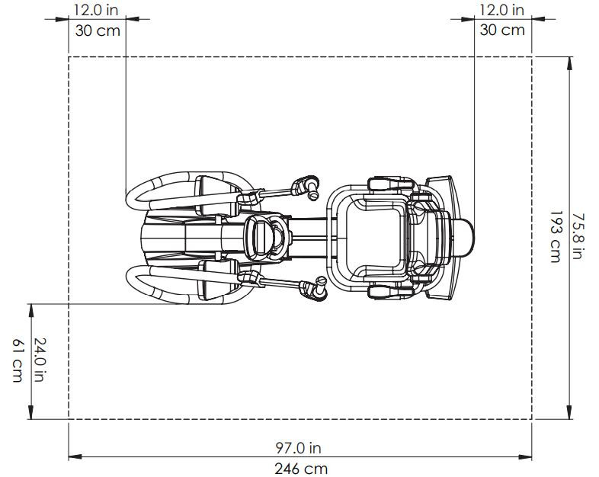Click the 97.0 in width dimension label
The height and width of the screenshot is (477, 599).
(x=298, y=447)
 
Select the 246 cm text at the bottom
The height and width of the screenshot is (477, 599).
(x=301, y=469)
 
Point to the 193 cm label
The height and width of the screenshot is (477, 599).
(x=556, y=237)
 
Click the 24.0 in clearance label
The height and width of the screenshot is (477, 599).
(x=40, y=360)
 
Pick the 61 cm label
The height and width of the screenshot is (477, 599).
(x=18, y=360)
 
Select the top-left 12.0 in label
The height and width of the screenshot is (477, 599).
(x=96, y=11)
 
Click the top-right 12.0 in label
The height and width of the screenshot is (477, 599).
(x=501, y=11)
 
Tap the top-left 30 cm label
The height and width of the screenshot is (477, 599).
(x=98, y=30)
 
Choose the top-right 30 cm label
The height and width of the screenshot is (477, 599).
(x=502, y=30)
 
